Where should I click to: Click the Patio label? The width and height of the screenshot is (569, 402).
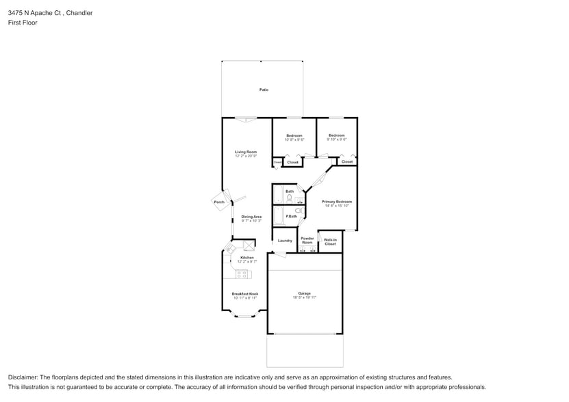coord(264,90)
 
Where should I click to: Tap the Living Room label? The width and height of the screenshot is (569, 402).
coord(246,152)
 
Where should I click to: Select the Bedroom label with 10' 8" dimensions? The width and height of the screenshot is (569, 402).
coord(294,135)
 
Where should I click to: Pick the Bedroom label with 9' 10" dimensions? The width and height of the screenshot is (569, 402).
coord(336,135)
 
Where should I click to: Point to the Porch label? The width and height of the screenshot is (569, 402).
coord(219,202)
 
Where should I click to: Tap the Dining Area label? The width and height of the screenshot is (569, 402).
coord(251,217)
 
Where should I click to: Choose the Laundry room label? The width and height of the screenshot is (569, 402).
coord(285,241)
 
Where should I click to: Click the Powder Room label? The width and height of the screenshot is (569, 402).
coord(307,241)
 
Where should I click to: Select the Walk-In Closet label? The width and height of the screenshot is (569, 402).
coord(330,241)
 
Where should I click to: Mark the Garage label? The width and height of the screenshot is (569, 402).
coord(304,293)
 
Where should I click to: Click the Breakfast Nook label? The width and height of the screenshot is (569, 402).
coord(244,294)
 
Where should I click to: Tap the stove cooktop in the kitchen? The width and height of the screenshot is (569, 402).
coord(242,274)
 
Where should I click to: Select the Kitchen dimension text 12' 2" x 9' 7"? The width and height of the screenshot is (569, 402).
coord(246,262)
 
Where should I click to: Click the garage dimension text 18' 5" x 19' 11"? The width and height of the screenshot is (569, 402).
coord(305,297)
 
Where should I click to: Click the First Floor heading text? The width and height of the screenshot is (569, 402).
coord(23,23)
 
